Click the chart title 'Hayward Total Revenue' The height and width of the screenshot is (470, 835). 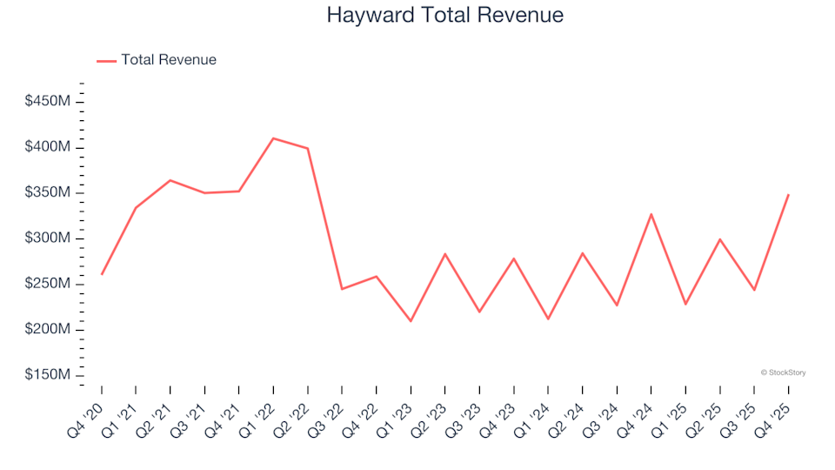click(444, 15)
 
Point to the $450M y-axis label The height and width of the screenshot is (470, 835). click(48, 102)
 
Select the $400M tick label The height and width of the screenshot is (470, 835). click(48, 147)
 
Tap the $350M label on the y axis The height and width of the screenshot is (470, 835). click(48, 192)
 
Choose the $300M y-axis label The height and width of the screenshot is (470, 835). click(48, 238)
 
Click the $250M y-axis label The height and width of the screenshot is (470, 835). click(48, 284)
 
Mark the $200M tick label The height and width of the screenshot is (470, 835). click(48, 330)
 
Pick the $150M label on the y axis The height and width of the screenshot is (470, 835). click(48, 375)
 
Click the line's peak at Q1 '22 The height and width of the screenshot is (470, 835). click(273, 138)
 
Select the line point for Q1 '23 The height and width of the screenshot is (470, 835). click(411, 321)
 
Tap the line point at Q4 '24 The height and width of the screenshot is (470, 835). click(651, 214)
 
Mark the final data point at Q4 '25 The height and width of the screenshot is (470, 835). click(788, 194)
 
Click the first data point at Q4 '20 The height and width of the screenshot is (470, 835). click(102, 274)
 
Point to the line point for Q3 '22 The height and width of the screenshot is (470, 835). click(342, 289)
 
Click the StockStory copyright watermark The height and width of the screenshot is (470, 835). click(783, 373)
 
